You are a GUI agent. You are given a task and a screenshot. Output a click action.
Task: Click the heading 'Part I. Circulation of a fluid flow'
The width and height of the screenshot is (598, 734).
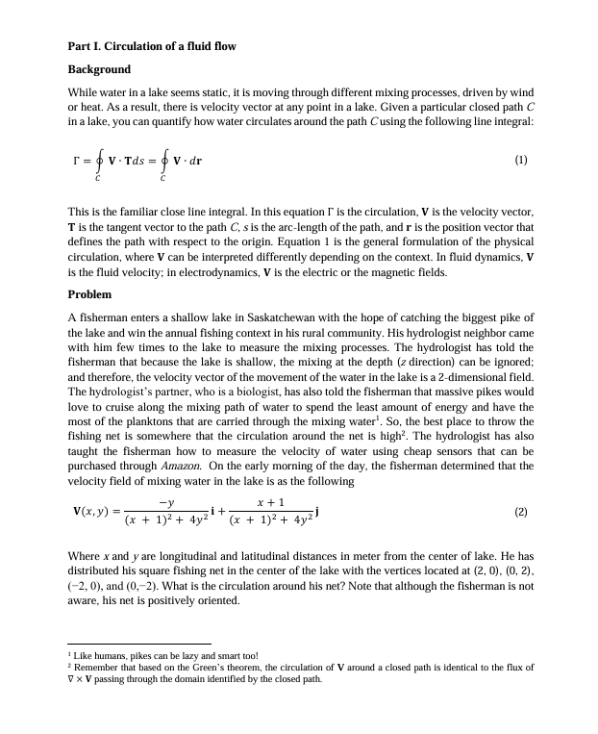tap(152, 46)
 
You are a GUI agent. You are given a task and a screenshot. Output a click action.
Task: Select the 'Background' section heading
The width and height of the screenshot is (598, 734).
tap(99, 69)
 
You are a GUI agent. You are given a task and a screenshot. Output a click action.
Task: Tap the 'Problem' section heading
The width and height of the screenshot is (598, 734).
tap(89, 293)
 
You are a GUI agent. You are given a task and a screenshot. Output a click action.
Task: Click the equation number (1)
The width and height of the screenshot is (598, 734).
tap(521, 161)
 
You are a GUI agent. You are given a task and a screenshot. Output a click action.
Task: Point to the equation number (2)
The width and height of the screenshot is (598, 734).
tap(521, 512)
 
